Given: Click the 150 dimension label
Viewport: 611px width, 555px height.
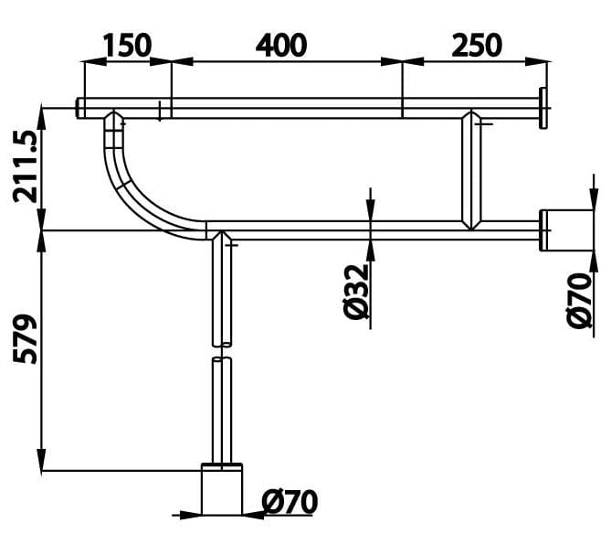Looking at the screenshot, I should pos(127,44).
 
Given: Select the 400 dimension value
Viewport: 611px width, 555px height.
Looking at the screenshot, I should pos(280,44).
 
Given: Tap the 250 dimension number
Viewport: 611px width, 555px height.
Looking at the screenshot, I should pos(476,44).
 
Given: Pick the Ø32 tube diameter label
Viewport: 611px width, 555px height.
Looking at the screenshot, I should pos(357,292).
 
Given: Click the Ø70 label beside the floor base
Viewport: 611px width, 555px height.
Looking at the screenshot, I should pos(290,502).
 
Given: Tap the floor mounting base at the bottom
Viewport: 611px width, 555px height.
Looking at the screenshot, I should pos(222,491).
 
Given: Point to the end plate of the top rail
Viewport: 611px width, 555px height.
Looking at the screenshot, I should pos(543,108).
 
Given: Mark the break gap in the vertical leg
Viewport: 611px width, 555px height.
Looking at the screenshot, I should pos(222,351).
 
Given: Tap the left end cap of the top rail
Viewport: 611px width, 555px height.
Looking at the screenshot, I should pos(80,108).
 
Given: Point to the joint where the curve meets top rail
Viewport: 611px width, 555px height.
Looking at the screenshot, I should pos(114,120).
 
